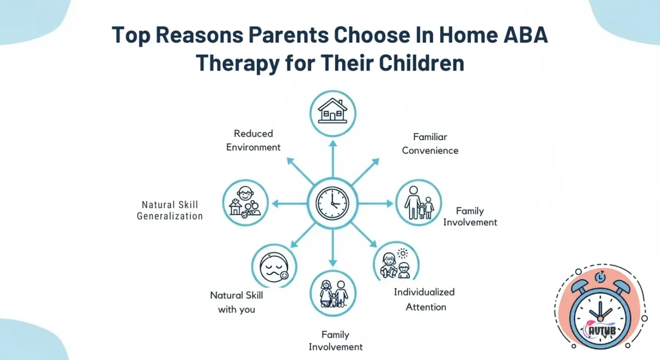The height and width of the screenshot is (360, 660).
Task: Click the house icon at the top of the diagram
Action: point(333,112)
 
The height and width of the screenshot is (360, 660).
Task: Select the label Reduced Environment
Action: point(253,140)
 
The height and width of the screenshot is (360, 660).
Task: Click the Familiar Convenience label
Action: point(430,144)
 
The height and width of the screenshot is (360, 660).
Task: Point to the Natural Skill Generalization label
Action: point(170,210)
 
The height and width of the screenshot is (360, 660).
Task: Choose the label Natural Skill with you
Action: point(237,302)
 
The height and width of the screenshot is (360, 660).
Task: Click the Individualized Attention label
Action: point(424,299)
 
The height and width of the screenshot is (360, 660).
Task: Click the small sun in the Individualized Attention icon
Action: point(403,253)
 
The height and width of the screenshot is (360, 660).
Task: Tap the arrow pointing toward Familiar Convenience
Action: point(365,171)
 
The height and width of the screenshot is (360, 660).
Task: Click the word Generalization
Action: point(170,216)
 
